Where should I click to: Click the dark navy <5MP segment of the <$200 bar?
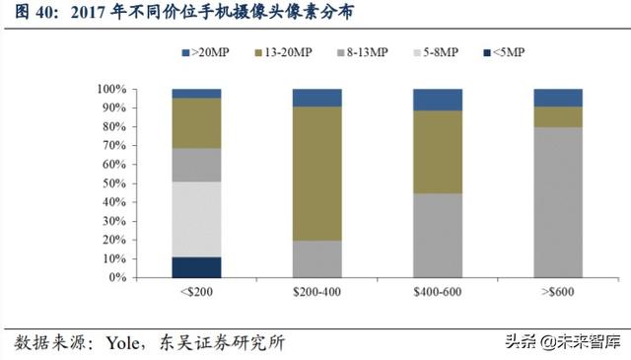(196, 267)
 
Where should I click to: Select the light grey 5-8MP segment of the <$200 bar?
(196, 219)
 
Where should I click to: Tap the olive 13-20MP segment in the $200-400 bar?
(316, 174)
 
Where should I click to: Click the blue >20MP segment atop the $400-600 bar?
(438, 100)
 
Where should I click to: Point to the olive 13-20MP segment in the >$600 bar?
(558, 116)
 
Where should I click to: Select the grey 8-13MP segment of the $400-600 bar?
(438, 235)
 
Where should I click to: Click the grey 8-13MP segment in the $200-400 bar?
(316, 258)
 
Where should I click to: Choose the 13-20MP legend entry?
(286, 51)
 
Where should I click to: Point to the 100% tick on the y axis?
(111, 90)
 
